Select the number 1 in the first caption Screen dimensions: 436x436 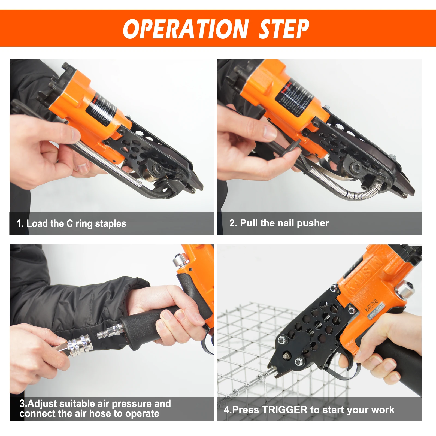tap(19, 224)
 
